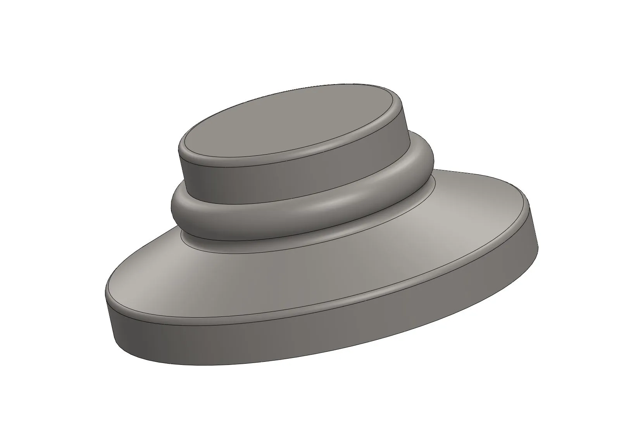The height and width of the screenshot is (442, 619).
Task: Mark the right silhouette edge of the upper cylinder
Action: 407,120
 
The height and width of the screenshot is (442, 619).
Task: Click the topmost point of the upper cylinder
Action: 349,83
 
